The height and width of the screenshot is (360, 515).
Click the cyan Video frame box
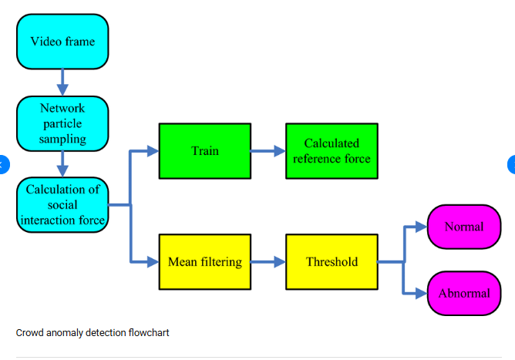click(x=62, y=41)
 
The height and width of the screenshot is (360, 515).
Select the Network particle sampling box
click(x=62, y=123)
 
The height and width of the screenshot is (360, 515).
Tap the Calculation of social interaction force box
click(x=62, y=204)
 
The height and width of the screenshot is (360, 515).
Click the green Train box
click(x=204, y=150)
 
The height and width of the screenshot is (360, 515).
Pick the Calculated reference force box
click(x=332, y=150)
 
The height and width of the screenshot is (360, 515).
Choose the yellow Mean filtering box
click(x=204, y=262)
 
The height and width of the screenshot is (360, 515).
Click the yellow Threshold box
click(x=332, y=262)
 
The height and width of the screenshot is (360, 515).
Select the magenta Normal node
click(x=463, y=227)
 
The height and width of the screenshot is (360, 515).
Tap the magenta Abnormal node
click(x=463, y=293)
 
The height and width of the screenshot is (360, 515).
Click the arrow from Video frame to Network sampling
click(x=62, y=82)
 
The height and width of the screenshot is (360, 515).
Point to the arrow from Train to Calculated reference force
click(x=268, y=151)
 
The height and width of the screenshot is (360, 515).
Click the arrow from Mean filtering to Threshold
click(x=268, y=262)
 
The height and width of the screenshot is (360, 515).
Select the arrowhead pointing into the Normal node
click(x=420, y=227)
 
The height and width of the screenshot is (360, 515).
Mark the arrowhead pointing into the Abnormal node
click(x=420, y=293)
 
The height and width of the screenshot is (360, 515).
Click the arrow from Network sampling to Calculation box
click(x=62, y=163)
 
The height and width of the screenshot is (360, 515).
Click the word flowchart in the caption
click(x=149, y=333)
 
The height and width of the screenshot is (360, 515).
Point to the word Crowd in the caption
click(x=29, y=333)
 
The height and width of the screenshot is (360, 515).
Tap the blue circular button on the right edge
click(x=511, y=164)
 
